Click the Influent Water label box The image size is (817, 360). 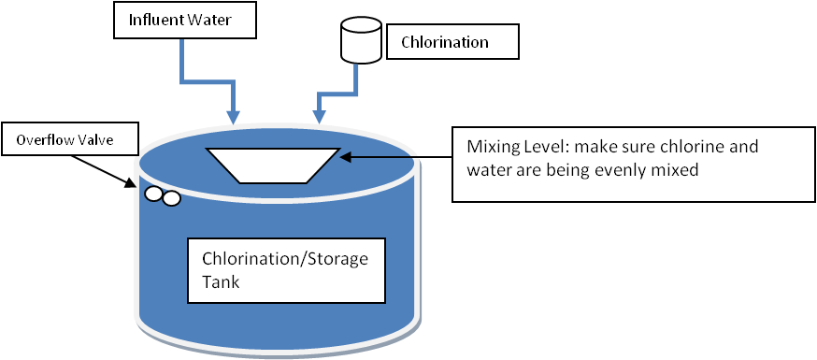point(184,21)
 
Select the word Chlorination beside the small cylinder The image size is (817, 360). point(444,42)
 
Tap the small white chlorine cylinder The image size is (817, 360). point(361,39)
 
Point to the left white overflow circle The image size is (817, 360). point(153,194)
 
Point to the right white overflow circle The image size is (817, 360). point(171,198)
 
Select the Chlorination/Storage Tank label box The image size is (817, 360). point(286,270)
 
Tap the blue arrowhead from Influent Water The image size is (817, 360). point(234,117)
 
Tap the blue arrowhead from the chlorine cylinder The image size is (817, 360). point(319,117)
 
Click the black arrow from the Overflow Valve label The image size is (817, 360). point(103,170)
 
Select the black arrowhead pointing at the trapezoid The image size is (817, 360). point(346,155)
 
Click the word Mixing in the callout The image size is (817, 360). point(491,148)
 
